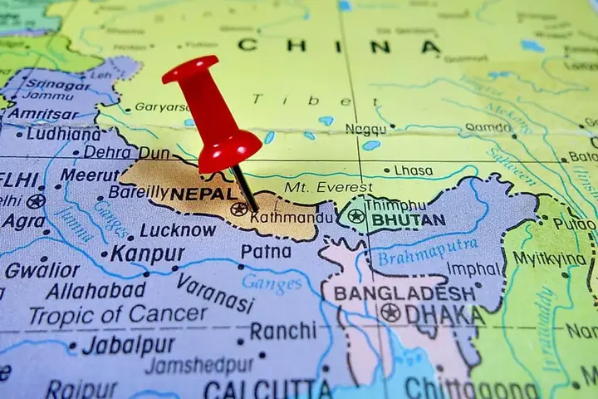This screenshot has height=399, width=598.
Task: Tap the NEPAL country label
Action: coord(205,193)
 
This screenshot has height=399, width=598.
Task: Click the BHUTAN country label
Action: coord(408,220)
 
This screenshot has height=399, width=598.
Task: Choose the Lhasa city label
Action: coord(413,170)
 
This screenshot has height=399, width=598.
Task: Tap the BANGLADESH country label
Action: coord(404,293)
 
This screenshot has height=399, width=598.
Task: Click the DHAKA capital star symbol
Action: coord(390,313)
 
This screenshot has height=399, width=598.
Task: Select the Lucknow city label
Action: coord(178,230)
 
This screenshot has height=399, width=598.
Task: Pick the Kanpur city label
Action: coord(148,254)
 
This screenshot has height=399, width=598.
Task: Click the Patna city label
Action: coord(267,250)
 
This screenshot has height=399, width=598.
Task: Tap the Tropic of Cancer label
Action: coord(117,314)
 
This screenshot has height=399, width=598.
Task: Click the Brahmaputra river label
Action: coord(428,251)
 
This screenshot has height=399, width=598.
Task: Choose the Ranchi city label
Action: coord(283,331)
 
